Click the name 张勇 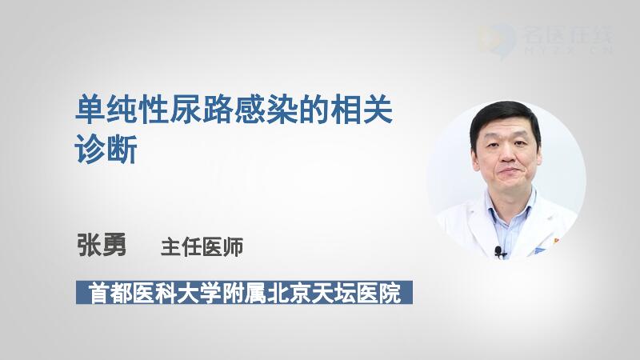(x=102, y=245)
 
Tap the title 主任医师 (x=202, y=247)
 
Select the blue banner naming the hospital (x=244, y=292)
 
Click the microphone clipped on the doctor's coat (x=498, y=250)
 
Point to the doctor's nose (x=506, y=154)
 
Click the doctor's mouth (x=506, y=171)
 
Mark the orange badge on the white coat (x=555, y=242)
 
